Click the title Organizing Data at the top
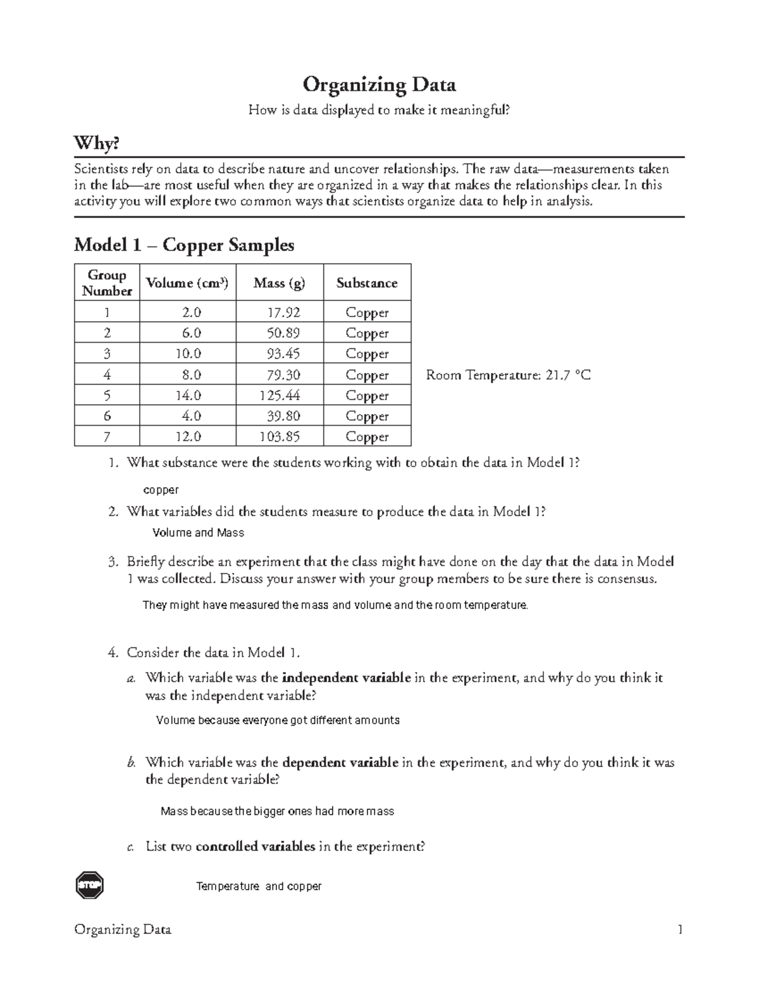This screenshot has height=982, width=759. click(x=379, y=84)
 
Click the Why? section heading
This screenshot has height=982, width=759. click(x=96, y=144)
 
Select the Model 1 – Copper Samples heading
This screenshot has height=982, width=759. click(x=184, y=245)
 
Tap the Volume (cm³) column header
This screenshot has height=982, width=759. click(x=187, y=283)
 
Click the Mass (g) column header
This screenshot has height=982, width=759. click(x=279, y=283)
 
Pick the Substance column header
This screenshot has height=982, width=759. click(x=367, y=283)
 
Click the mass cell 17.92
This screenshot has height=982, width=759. click(x=283, y=312)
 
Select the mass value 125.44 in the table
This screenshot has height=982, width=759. click(x=280, y=395)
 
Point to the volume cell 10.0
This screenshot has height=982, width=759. click(x=188, y=353)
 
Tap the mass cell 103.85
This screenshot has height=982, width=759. click(x=280, y=436)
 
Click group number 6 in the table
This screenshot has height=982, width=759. click(x=107, y=415)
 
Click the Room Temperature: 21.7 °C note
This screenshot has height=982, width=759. click(x=509, y=375)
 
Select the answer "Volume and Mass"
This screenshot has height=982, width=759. click(x=199, y=533)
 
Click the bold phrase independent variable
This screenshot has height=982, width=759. click(x=347, y=678)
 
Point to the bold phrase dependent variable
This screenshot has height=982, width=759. click(x=340, y=763)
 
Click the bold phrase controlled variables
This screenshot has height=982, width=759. click(x=256, y=847)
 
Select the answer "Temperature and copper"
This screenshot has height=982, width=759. click(x=259, y=887)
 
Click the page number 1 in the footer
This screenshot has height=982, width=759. click(x=680, y=930)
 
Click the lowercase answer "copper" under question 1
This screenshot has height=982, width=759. click(x=161, y=490)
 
